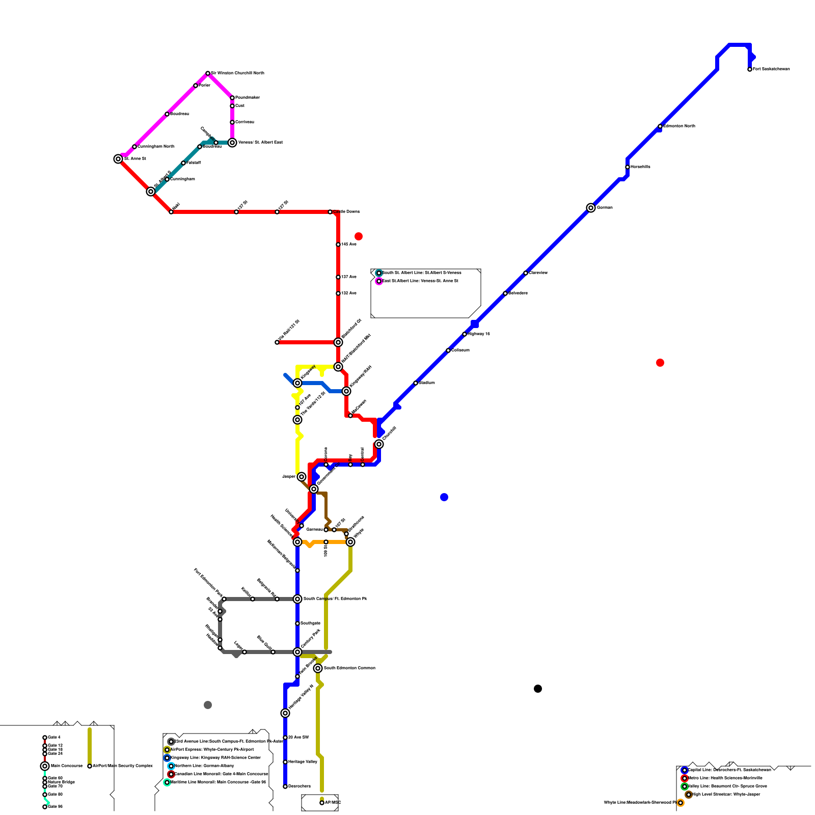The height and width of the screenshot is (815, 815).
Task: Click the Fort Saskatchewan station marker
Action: click(750, 69)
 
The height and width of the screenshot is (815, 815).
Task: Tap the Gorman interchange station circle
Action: click(591, 208)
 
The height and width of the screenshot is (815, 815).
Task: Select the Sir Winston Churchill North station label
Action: click(237, 73)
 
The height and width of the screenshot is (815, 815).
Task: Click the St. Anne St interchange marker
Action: click(118, 159)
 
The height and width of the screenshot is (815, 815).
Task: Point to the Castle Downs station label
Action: click(347, 211)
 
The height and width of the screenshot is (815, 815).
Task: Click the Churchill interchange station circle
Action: click(379, 444)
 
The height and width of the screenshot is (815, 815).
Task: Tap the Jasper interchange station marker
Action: click(302, 477)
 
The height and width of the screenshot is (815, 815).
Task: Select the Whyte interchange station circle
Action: click(350, 542)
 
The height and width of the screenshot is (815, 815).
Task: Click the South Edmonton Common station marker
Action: click(318, 668)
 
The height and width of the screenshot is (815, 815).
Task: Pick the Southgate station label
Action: click(310, 623)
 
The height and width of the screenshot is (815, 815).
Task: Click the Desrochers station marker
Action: click(285, 786)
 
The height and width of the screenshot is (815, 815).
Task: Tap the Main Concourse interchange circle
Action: click(45, 766)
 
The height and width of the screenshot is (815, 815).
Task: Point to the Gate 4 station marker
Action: click(45, 738)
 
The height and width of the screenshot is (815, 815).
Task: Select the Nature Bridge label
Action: click(61, 782)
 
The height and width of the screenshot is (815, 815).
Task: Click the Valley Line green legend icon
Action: click(685, 786)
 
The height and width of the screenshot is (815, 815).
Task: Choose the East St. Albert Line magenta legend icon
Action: click(379, 281)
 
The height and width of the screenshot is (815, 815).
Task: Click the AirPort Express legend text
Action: click(212, 749)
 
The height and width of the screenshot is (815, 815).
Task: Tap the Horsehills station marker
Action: click(628, 167)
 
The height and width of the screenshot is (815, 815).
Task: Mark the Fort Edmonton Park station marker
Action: click(224, 599)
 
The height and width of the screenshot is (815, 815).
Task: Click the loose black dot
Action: click(538, 689)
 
